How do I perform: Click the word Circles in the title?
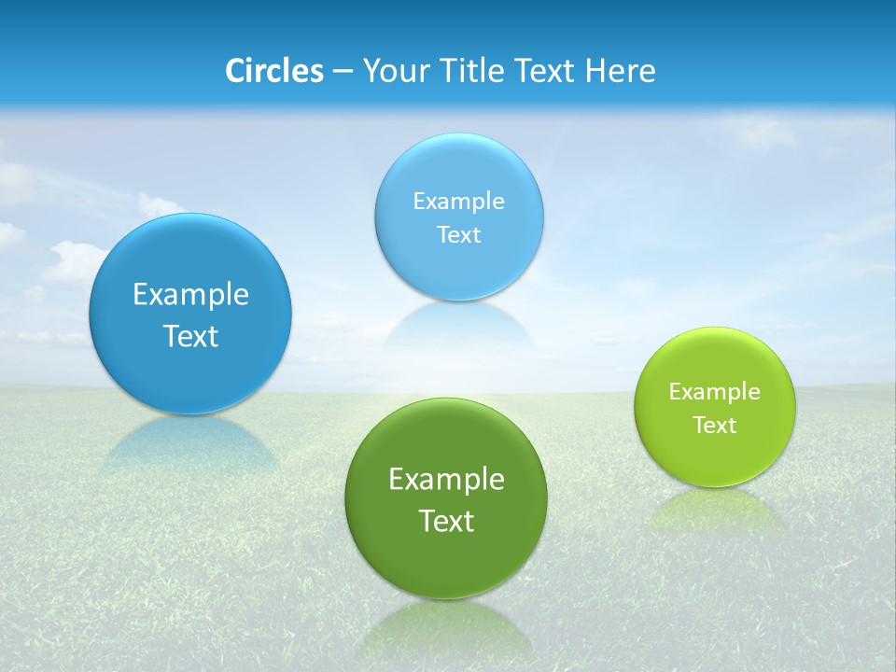[274, 71]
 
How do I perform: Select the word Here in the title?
[623, 71]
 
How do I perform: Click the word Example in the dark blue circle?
[190, 295]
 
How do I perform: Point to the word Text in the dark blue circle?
[190, 336]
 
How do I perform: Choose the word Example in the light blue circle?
[459, 202]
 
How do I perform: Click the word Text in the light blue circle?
[459, 235]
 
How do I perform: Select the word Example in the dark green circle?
[446, 480]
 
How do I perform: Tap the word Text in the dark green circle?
[446, 521]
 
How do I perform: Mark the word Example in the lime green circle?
[715, 392]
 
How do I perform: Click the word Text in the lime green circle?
[715, 426]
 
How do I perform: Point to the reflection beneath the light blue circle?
[459, 327]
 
